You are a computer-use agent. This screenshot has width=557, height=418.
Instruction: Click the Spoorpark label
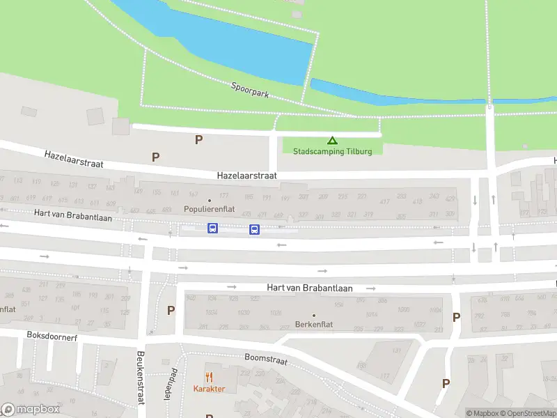[250, 89]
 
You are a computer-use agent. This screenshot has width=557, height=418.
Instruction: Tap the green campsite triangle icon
[332, 140]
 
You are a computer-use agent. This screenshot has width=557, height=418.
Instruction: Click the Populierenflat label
[209, 209]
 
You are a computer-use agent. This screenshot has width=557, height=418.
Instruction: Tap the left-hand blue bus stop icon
[212, 229]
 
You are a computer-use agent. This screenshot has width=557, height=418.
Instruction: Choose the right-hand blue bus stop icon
[254, 229]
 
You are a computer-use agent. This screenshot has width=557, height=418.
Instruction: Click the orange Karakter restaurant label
[208, 389]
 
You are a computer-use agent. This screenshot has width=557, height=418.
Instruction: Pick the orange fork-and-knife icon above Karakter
[208, 377]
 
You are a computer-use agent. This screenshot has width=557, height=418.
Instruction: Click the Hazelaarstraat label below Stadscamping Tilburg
[246, 176]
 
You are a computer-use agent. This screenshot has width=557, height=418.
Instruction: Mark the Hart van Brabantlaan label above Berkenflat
[310, 287]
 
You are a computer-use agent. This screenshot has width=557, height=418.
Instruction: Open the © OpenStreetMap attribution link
[530, 413]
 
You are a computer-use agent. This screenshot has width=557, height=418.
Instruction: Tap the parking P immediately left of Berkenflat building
[171, 310]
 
